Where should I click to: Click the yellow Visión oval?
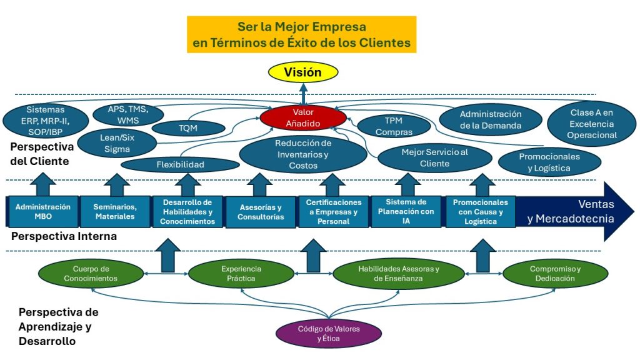click(x=302, y=72)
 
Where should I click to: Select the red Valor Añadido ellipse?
click(x=302, y=117)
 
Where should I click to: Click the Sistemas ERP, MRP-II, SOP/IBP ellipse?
click(x=46, y=121)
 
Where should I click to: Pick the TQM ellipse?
click(x=189, y=128)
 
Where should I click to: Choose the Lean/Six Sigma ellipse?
click(x=119, y=144)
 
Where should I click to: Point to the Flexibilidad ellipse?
click(x=180, y=165)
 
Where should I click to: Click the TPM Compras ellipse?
click(x=394, y=126)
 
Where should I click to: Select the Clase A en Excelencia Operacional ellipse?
click(x=592, y=124)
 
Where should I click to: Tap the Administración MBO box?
click(x=42, y=211)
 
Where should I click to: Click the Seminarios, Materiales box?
click(x=114, y=211)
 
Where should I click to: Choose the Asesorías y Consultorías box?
click(x=261, y=212)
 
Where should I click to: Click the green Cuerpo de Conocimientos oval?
click(x=90, y=274)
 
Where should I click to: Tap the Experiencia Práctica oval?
click(x=241, y=274)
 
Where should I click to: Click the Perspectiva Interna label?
click(x=64, y=237)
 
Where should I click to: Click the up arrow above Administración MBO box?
click(x=42, y=185)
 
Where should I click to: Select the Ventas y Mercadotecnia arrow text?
click(x=570, y=211)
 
